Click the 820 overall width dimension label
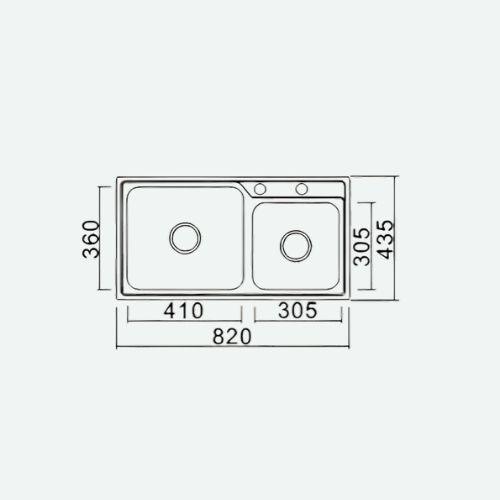coord(232,336)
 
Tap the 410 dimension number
coord(183,310)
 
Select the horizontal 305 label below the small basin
coord(298,310)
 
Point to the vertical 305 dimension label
coord(362,246)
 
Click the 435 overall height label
coord(386,239)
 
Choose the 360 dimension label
coord(91,239)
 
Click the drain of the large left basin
coord(185,238)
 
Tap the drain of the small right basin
coord(296,246)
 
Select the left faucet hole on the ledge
coord(260,189)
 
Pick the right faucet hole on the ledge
coord(302,189)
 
